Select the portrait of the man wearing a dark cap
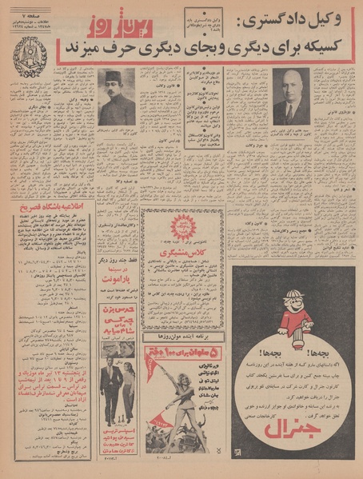click(116, 96)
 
